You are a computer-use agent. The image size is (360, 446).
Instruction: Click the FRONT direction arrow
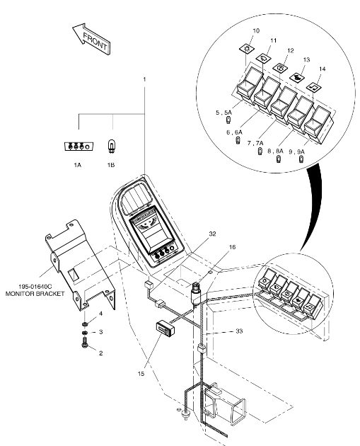(x=91, y=38)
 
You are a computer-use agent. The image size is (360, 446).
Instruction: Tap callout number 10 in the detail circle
(x=256, y=30)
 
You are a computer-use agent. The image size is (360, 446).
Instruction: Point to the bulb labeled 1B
(x=111, y=147)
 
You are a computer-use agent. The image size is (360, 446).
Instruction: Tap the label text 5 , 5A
(x=223, y=113)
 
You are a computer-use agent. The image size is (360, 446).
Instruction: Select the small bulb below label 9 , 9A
(x=301, y=159)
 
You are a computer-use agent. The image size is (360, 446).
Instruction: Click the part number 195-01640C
(x=35, y=286)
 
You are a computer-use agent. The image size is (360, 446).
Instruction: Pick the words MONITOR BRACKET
(x=35, y=294)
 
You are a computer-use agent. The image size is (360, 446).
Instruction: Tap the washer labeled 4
(x=84, y=324)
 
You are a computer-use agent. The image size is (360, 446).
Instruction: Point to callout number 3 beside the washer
(x=100, y=332)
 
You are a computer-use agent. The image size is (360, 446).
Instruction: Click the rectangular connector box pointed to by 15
(x=165, y=328)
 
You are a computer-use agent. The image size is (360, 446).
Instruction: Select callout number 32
(x=212, y=234)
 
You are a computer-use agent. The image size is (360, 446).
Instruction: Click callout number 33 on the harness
(x=239, y=331)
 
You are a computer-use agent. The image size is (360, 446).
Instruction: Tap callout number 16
(x=232, y=247)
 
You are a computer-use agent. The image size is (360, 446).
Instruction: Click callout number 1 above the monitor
(x=144, y=79)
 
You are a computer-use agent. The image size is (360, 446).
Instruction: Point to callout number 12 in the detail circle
(x=290, y=50)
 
